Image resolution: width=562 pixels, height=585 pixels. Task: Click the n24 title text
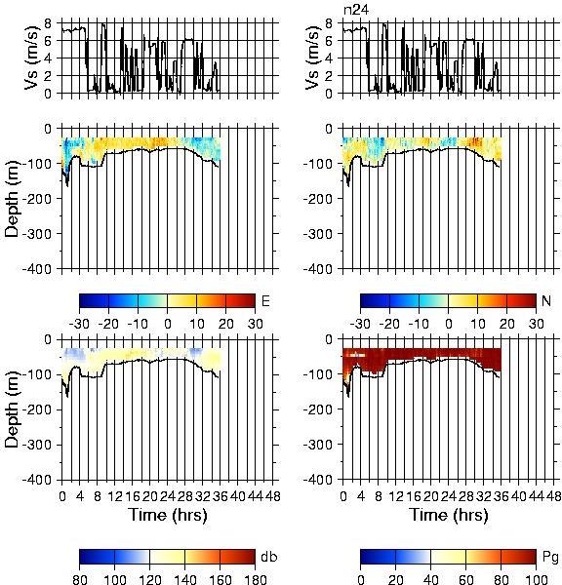[356, 10]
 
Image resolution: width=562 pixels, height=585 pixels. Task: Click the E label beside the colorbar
[265, 300]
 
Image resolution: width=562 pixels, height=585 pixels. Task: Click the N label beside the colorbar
[546, 300]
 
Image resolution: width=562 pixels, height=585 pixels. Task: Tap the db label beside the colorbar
[269, 557]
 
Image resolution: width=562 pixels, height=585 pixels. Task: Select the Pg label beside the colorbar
[550, 558]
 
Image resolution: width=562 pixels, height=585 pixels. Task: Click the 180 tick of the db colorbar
[255, 579]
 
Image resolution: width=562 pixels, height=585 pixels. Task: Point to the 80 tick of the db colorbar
[80, 579]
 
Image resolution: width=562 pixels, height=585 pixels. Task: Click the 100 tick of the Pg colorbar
[537, 579]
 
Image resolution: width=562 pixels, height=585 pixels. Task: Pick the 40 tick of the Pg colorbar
[430, 579]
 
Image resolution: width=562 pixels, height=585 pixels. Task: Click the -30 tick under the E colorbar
[79, 324]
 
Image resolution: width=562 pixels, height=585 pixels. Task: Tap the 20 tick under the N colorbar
[506, 324]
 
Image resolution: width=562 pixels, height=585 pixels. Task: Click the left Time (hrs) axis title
[168, 515]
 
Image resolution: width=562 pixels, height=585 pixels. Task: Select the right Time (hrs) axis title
[449, 515]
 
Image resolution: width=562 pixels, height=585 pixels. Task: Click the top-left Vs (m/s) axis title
[31, 58]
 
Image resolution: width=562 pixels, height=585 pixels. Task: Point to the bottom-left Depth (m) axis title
[12, 409]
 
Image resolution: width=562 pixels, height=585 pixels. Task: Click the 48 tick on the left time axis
[272, 496]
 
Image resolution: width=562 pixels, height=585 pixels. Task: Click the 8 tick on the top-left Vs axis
[48, 23]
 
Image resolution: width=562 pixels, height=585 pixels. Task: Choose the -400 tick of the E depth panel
[37, 269]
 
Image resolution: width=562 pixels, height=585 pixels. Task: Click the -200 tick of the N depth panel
[318, 199]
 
